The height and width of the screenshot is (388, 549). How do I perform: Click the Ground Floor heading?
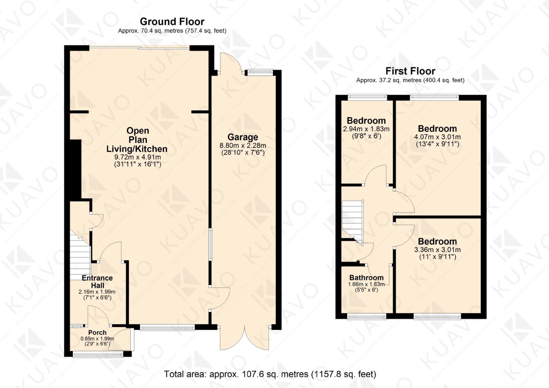click(172, 21)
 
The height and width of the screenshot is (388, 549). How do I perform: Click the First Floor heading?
click(410, 71)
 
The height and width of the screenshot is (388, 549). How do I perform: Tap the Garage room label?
click(242, 137)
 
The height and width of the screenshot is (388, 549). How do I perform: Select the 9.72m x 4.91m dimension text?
click(137, 157)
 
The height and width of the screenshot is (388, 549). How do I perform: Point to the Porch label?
click(97, 332)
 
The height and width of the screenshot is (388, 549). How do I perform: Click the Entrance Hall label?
click(97, 282)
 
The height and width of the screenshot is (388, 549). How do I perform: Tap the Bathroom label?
click(366, 278)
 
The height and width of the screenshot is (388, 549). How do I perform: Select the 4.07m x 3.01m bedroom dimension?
click(437, 137)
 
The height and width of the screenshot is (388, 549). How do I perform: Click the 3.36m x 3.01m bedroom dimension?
click(437, 250)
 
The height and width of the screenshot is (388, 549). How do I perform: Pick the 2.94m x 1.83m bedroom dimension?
click(366, 129)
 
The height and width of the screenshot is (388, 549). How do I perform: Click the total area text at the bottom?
click(270, 374)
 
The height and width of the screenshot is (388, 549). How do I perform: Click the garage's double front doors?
click(245, 338)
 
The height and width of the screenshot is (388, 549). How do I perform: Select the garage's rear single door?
click(231, 64)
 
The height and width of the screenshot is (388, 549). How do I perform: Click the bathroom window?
click(367, 316)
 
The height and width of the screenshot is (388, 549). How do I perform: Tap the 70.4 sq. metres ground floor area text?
click(172, 31)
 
